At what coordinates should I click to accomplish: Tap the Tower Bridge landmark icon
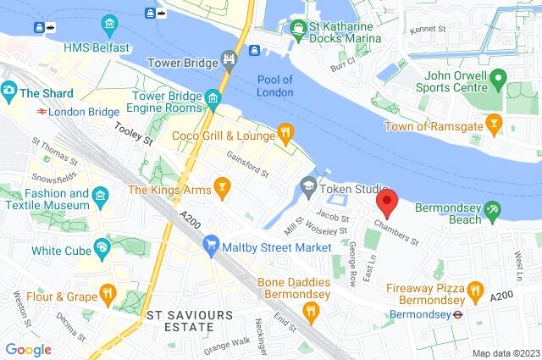pos(228,59)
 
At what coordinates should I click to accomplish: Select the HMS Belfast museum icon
pos(109,23)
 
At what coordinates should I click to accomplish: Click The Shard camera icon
pos(9,90)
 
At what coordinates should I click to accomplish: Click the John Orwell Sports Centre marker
pos(499,81)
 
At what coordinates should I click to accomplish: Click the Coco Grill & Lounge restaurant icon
pos(286,134)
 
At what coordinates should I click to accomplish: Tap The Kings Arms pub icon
pos(222,188)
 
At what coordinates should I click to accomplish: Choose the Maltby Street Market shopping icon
pos(211,246)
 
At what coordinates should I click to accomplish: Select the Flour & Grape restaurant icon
pos(107,294)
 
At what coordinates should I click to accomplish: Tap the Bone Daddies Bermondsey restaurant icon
pos(311,311)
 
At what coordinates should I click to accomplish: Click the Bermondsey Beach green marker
pos(493,209)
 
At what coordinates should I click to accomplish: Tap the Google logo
pos(28,349)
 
